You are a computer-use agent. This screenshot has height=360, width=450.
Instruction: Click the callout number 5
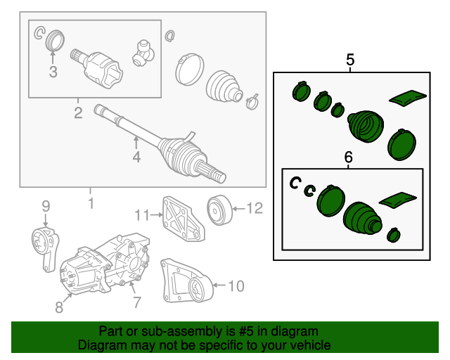[x=350, y=60]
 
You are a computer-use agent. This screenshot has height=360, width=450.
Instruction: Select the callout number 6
[x=348, y=157]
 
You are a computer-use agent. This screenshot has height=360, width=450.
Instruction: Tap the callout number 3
[x=53, y=72]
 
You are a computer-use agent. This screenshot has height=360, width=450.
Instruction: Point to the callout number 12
[x=255, y=208]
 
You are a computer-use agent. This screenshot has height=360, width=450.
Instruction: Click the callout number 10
[x=236, y=286]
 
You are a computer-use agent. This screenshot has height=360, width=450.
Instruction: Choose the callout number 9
[x=46, y=206]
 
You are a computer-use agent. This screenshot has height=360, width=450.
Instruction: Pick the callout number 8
[x=59, y=307]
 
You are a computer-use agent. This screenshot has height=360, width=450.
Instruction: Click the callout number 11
[x=142, y=215]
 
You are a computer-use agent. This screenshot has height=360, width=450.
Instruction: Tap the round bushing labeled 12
[x=219, y=210]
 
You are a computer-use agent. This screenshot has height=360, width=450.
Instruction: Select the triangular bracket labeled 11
[x=183, y=219]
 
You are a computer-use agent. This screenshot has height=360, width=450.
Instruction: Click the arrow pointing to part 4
[x=136, y=143]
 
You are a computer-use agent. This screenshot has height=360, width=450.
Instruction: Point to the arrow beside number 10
[x=220, y=285]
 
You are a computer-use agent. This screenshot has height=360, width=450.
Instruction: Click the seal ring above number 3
[x=55, y=39]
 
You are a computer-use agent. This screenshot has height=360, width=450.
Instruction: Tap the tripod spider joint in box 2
[x=143, y=53]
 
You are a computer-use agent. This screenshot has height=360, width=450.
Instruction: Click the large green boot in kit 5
[x=366, y=126]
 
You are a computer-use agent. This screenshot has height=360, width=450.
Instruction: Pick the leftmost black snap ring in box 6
[x=295, y=183]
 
